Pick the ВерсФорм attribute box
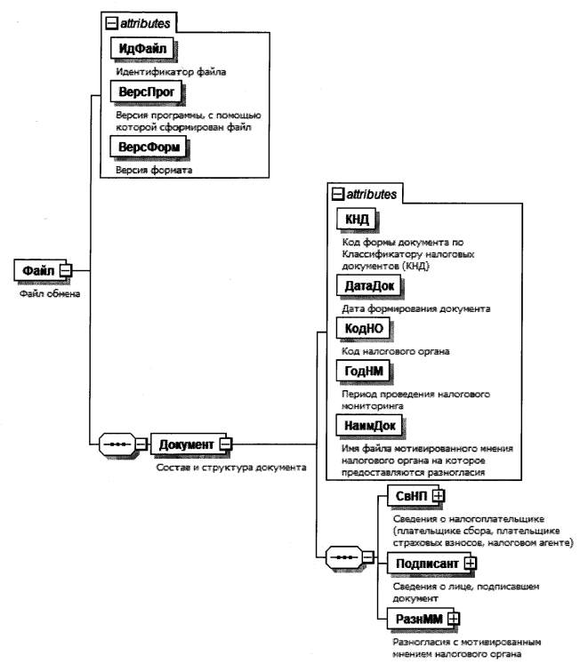coord(148,147)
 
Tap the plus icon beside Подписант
coord(471,562)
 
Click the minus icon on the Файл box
coord(64,269)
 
